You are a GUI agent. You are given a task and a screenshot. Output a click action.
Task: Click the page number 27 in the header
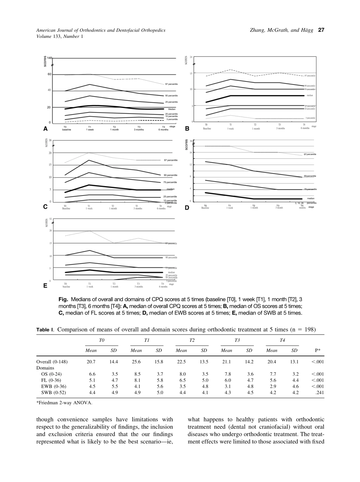[321, 30]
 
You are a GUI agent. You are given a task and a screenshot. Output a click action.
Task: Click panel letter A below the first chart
[45, 129]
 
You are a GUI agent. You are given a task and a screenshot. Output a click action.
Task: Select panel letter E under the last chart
[45, 286]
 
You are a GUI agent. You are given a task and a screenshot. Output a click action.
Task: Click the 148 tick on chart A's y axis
[49, 58]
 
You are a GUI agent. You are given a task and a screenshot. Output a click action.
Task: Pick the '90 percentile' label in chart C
[171, 175]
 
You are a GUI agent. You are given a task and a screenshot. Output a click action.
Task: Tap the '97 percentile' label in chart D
[310, 155]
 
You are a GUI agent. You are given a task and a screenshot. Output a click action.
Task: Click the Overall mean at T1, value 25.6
[136, 361]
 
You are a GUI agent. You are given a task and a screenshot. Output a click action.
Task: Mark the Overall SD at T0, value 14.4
[114, 361]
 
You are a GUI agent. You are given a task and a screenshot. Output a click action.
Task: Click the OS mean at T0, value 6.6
[92, 374]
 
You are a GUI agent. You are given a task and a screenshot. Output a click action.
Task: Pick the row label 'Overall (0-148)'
[52, 361]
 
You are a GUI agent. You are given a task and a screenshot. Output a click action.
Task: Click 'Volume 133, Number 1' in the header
[59, 36]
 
